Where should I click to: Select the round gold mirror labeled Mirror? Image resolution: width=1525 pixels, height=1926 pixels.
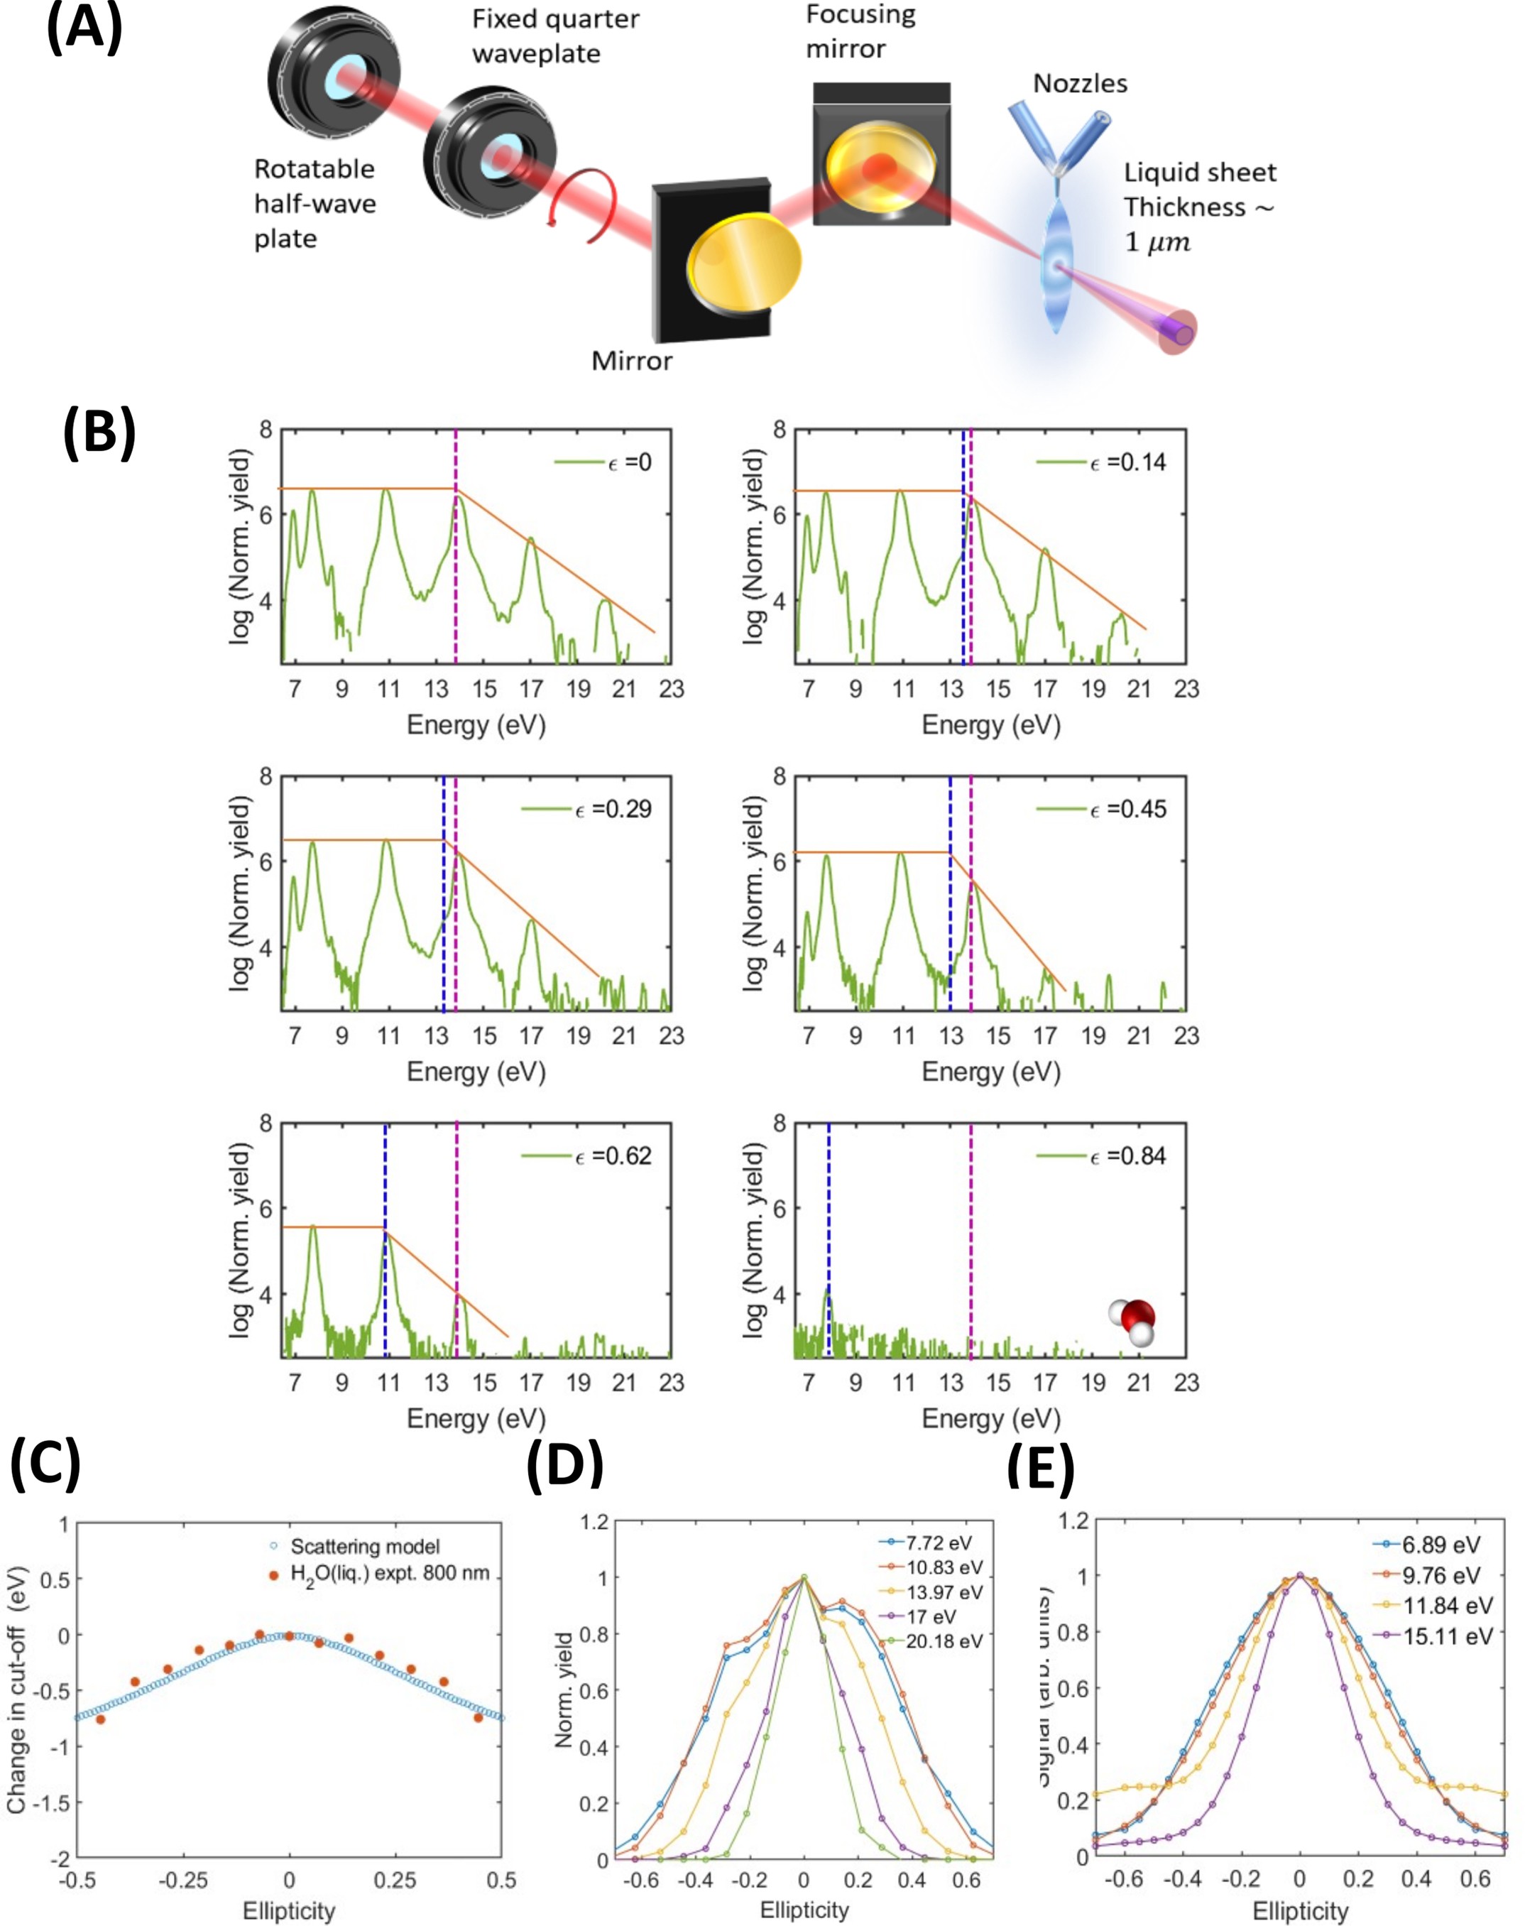(x=744, y=264)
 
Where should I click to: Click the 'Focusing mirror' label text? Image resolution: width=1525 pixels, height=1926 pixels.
(x=859, y=31)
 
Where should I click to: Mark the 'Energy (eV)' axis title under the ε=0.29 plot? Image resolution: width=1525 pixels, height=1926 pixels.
(x=476, y=1072)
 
